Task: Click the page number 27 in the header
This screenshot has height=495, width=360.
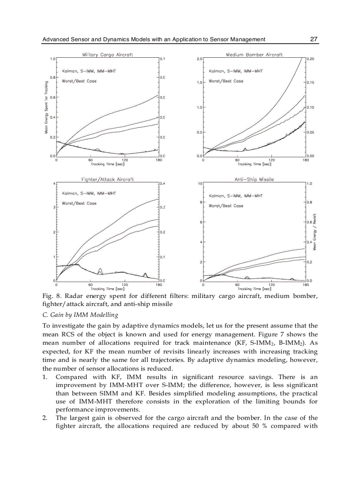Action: click(314, 39)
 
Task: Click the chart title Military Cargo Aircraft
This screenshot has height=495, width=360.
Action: click(107, 55)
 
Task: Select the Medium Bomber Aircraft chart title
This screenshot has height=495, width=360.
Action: click(254, 55)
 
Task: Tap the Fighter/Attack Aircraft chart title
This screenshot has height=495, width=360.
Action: click(107, 179)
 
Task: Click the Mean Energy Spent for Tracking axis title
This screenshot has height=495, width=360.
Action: click(46, 107)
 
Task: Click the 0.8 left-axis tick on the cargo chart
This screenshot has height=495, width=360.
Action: click(52, 78)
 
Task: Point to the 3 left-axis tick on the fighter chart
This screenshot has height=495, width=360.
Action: click(54, 207)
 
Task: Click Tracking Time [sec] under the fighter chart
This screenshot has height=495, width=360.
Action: click(107, 289)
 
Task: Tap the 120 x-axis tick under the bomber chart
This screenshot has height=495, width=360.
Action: click(271, 160)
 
